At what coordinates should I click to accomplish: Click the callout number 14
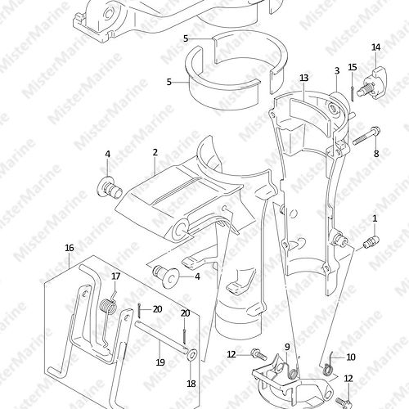[375, 47]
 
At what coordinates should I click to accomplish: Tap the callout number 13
[304, 78]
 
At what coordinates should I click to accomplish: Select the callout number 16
[70, 248]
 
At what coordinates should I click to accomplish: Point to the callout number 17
[116, 276]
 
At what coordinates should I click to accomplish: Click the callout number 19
[160, 362]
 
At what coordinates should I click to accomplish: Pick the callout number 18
[191, 384]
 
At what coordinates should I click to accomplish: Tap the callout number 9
[287, 347]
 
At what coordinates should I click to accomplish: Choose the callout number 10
[351, 357]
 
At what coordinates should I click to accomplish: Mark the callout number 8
[376, 154]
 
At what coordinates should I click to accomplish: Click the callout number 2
[155, 152]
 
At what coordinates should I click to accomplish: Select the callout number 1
[375, 218]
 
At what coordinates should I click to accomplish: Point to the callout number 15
[353, 67]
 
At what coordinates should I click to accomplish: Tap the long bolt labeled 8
[366, 137]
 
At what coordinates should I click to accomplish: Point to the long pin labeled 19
[161, 336]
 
